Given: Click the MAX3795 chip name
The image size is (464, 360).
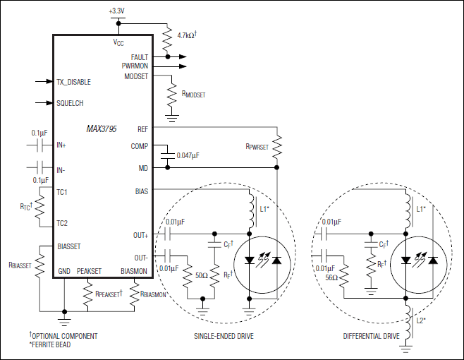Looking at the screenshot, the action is (102, 129).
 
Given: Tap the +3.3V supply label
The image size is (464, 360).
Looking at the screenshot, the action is (116, 11).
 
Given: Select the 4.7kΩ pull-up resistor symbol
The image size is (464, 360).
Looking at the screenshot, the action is (168, 40).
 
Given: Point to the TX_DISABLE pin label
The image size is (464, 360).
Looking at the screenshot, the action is (73, 82).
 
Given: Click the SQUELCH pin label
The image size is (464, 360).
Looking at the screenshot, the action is (70, 103).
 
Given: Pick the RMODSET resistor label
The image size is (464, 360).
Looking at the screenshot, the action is (193, 94).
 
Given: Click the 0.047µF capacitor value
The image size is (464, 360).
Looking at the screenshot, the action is (188, 155).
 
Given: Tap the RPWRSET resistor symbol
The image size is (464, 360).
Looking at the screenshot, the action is (277, 148).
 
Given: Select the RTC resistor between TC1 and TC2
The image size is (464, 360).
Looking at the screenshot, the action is (39, 207).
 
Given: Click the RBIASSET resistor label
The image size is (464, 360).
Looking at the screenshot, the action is (20, 265).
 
